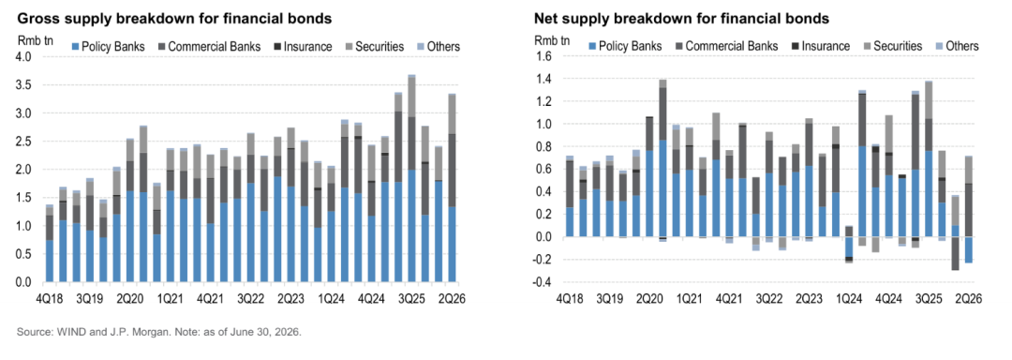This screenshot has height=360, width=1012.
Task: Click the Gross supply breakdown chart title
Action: tap(174, 19)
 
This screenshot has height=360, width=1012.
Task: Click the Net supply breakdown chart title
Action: tap(681, 19)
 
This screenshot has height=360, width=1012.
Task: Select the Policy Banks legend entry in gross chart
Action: tap(107, 47)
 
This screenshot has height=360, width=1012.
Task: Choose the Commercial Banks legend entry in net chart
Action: tap(725, 46)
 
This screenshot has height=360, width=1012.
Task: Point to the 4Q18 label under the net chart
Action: tap(570, 299)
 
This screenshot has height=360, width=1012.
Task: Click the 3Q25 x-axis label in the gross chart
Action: tap(411, 299)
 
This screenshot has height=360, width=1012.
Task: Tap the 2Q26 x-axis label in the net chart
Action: tap(969, 299)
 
